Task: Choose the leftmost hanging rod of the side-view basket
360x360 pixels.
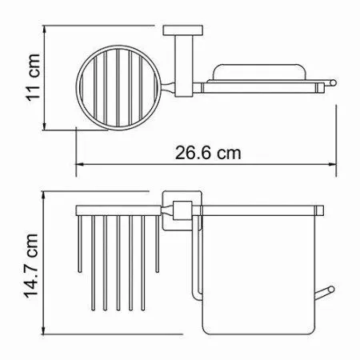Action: tap(79, 244)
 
